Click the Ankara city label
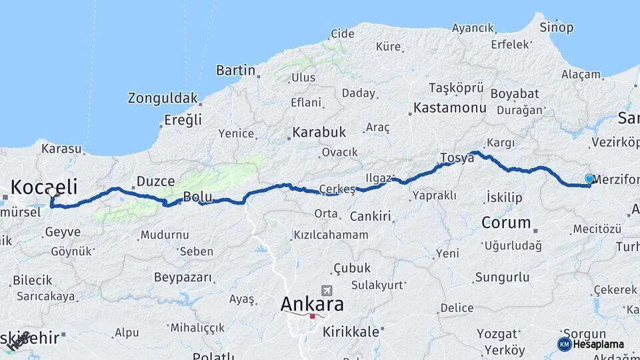click(312, 304)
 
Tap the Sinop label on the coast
click(556, 27)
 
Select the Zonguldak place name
click(163, 98)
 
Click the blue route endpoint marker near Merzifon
click(589, 179)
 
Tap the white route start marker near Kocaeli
click(53, 192)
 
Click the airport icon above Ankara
click(326, 291)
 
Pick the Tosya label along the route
click(457, 158)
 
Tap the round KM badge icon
click(564, 344)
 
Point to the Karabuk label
click(319, 132)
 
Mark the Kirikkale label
click(351, 331)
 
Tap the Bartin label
click(236, 70)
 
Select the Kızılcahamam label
click(331, 235)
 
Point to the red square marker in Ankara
click(312, 316)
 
